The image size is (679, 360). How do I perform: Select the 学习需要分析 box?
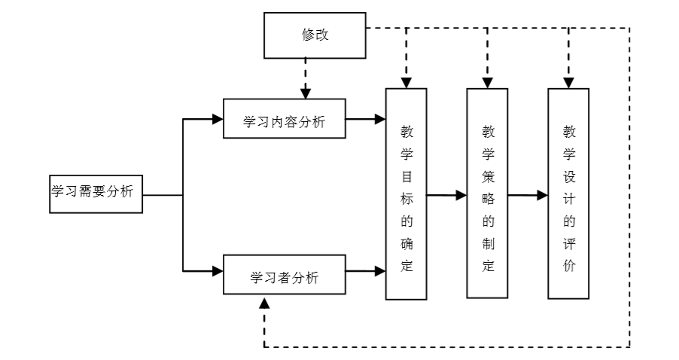pos(92,192)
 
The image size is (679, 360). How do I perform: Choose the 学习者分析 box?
pos(285,276)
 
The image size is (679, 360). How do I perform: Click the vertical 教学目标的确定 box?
pos(406,194)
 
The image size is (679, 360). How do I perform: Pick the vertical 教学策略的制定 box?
pos(487,194)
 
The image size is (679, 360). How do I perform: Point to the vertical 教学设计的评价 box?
pos(568,194)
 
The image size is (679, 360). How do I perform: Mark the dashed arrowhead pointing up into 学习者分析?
pos(263,302)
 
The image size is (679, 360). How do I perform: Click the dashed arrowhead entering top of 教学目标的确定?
pos(406,82)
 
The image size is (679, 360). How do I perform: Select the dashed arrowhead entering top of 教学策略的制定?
pos(487,82)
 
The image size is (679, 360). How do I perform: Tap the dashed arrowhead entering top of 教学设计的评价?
pos(568,82)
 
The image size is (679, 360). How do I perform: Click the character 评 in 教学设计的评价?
pos(568,244)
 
